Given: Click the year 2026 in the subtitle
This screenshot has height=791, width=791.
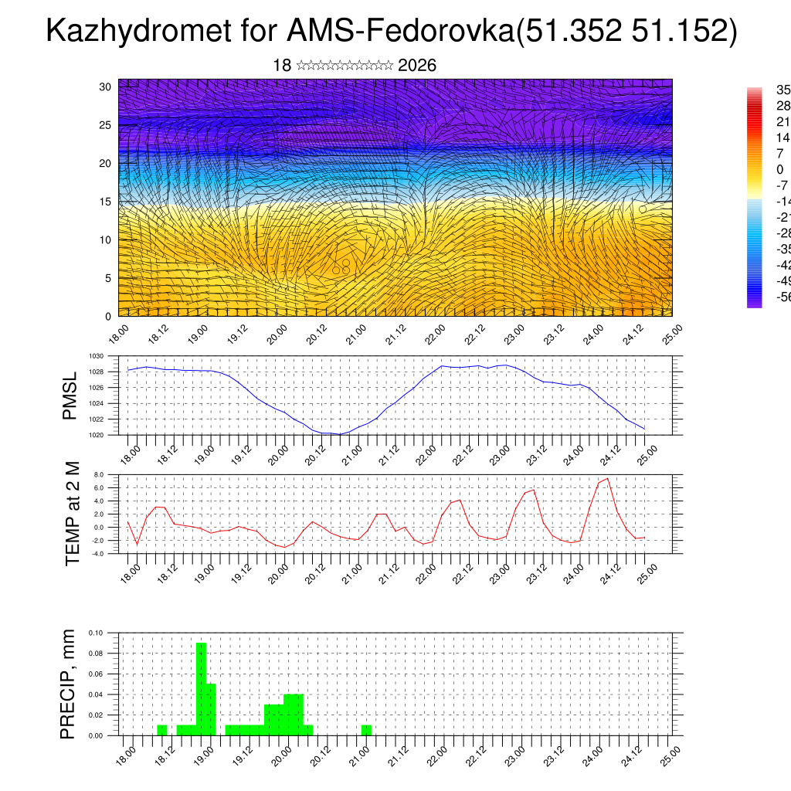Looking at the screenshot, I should click(417, 66).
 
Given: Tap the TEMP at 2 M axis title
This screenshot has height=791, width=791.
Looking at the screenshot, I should click(73, 514).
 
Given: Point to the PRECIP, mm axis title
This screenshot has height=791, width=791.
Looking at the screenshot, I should click(70, 683).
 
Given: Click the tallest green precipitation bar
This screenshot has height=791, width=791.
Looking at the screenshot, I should click(201, 687).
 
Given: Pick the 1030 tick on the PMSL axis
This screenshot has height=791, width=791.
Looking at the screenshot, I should click(96, 356).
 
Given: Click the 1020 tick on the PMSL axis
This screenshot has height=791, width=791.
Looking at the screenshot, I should click(96, 436).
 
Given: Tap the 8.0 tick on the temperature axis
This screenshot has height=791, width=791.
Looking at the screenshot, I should click(98, 475).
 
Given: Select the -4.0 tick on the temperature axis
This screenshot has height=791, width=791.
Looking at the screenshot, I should click(97, 554).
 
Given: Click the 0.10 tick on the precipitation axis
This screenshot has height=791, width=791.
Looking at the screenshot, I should click(96, 633).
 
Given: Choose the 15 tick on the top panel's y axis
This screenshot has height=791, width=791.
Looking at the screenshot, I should click(106, 202).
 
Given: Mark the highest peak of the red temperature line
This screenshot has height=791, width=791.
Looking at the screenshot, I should click(608, 479).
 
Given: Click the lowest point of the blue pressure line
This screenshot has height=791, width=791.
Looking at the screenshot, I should click(340, 434).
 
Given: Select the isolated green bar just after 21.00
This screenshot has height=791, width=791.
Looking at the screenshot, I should click(366, 730).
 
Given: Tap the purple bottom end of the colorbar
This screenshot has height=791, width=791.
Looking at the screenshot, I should click(754, 303).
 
